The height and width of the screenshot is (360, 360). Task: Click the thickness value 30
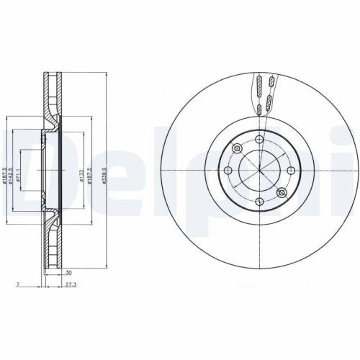pos(68,274)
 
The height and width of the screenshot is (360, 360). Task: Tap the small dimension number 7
pos(14,284)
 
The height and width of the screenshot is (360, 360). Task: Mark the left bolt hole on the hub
pos(228,170)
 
